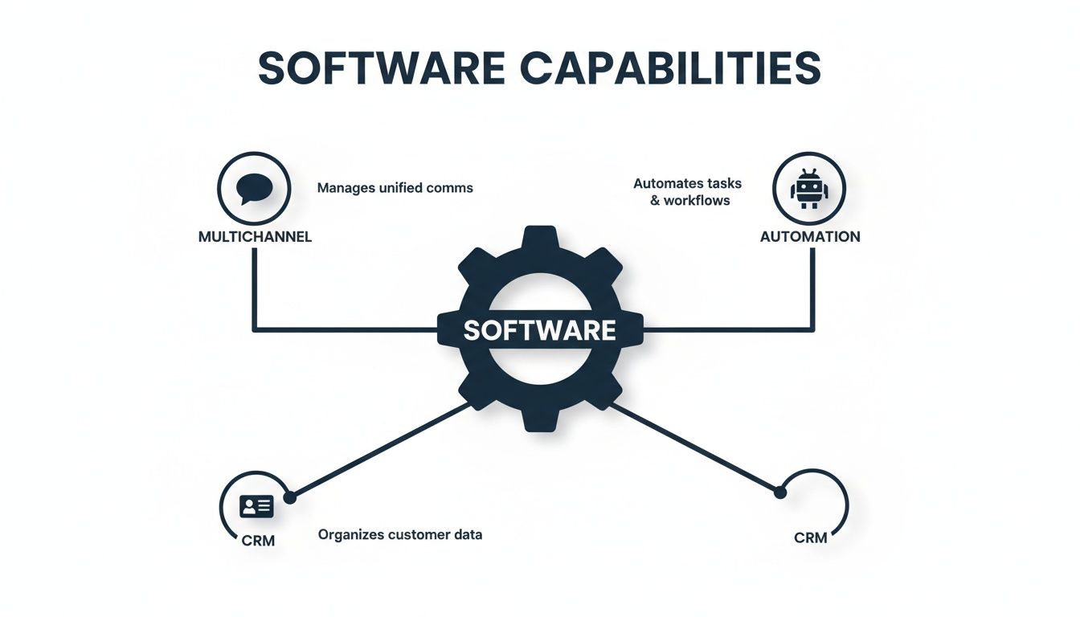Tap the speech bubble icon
[x=255, y=189]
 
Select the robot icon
[x=808, y=190]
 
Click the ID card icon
[x=256, y=505]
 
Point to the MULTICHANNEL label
[x=255, y=237]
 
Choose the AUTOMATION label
[x=810, y=237]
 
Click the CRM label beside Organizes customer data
[x=258, y=541]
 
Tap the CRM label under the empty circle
[x=810, y=537]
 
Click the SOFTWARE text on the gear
[x=539, y=330]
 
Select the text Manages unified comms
[x=395, y=188]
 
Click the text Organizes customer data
[x=400, y=534]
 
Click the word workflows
[x=697, y=201]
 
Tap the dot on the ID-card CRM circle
[x=290, y=498]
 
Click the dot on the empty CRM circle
[x=778, y=492]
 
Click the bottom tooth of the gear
[x=540, y=419]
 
